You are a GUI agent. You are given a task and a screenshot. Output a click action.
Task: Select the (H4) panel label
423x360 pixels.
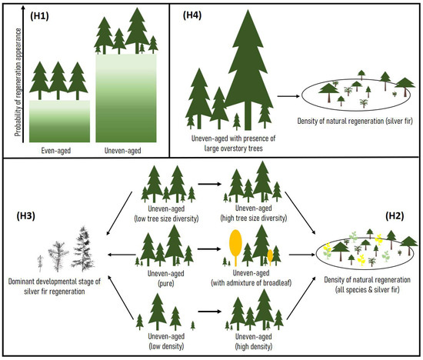tap(194, 16)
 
